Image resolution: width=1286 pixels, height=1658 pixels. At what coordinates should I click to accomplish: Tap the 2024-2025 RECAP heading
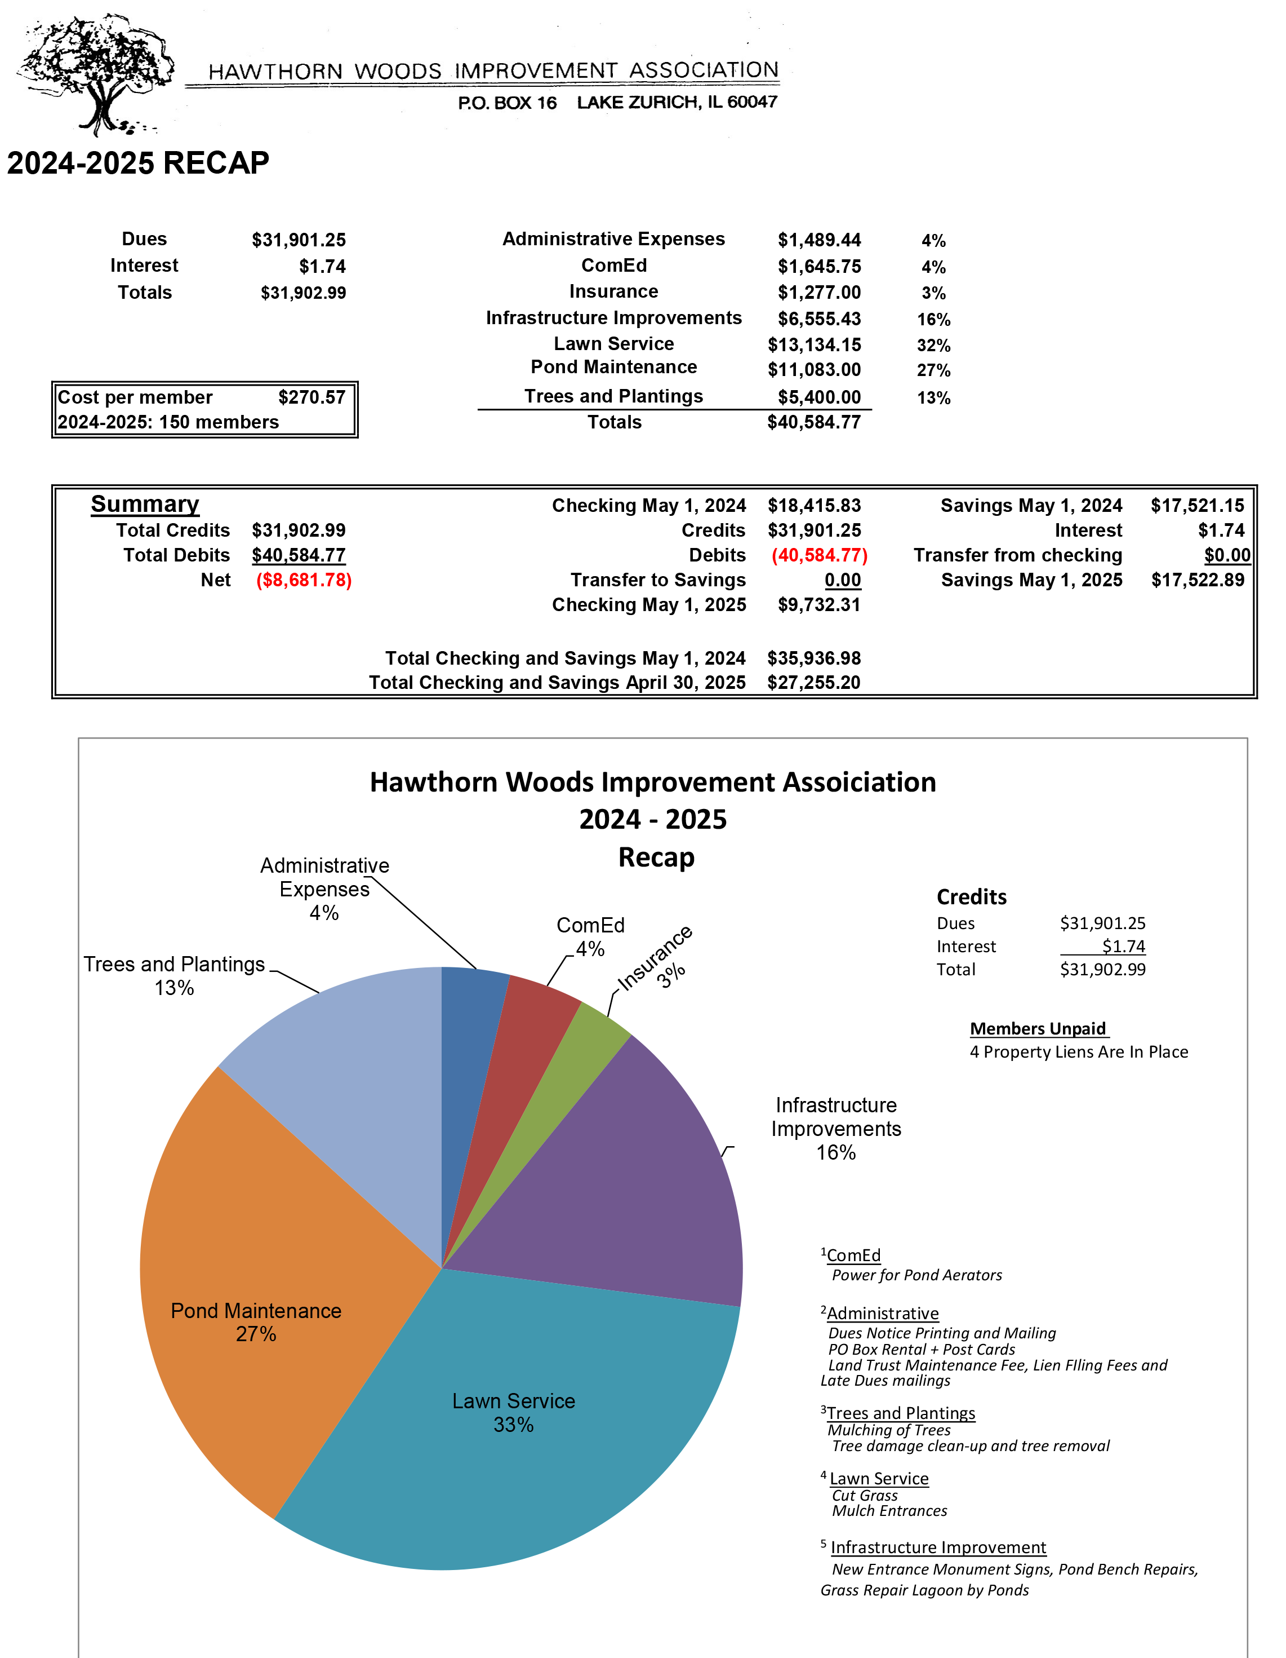138,163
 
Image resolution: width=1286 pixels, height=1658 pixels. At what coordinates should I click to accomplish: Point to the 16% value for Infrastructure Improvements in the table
933,320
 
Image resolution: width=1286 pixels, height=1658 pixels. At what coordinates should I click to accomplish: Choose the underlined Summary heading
145,504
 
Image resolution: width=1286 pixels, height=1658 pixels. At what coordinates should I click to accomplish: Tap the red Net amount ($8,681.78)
304,580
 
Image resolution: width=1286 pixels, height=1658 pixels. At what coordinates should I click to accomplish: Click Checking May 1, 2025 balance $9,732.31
818,605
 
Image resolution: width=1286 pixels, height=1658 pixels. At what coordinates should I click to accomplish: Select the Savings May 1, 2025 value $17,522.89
1197,580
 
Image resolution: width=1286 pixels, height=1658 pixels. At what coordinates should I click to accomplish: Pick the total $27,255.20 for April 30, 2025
813,683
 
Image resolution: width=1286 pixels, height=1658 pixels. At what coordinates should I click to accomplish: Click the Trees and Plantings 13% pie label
175,975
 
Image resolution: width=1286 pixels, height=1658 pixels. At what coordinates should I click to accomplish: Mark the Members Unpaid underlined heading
1038,1029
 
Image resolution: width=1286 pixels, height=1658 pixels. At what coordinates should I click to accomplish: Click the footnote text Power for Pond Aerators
916,1275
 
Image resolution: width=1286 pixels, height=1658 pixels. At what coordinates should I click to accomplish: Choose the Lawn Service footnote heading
879,1478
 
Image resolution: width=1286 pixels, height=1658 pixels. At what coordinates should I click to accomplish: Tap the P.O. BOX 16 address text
507,103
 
